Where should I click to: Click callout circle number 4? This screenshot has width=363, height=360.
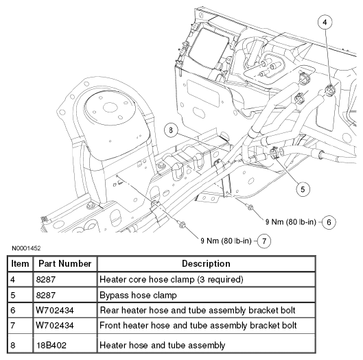pos(325,23)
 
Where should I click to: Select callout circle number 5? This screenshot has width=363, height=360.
pos(303,189)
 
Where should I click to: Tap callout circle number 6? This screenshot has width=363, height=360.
pos(329,222)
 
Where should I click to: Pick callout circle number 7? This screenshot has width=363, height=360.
pos(264,241)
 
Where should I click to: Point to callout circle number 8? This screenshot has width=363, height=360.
pos(171,130)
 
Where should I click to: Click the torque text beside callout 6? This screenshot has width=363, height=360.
pos(291,222)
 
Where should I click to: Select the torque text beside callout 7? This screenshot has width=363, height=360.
pos(226,241)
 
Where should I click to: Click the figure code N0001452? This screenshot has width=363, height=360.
pos(26,248)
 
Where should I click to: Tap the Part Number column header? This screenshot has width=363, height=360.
pos(65,264)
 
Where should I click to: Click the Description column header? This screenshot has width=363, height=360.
pos(206,264)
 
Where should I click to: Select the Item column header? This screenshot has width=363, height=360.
pos(20,264)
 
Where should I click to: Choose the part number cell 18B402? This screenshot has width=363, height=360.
pos(51,345)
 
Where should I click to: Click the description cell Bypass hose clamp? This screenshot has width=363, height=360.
pos(138,296)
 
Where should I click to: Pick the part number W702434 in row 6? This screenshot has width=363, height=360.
pos(55,310)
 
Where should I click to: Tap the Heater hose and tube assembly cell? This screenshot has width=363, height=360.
pos(162,345)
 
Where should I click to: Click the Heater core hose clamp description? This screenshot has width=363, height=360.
pos(172,280)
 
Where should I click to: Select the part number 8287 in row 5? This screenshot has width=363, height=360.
pos(45,296)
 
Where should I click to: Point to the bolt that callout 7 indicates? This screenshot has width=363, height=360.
pos(182,224)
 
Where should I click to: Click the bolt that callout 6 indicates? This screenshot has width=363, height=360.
pos(250,206)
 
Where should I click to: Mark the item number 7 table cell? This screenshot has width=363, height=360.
pos(13,326)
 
